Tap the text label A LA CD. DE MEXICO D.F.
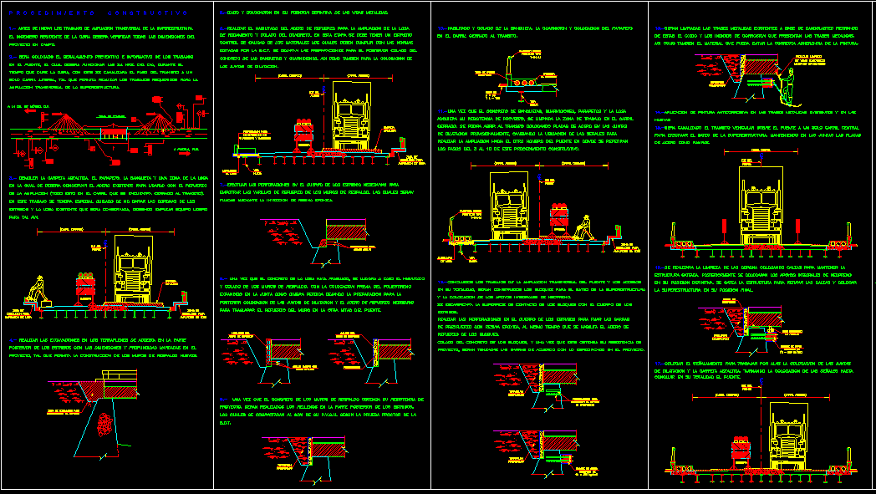point(28,107)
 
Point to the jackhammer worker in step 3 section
point(38,289)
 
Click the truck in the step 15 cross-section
point(761,205)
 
